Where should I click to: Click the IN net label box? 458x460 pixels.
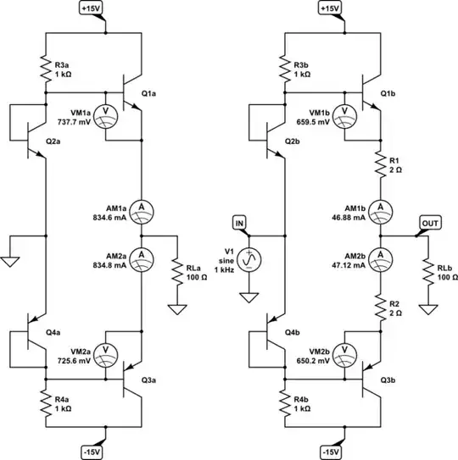[240, 223]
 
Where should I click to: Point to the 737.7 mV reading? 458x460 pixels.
[74, 122]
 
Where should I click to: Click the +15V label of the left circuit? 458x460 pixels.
[91, 8]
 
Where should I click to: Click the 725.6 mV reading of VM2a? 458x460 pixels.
[74, 360]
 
